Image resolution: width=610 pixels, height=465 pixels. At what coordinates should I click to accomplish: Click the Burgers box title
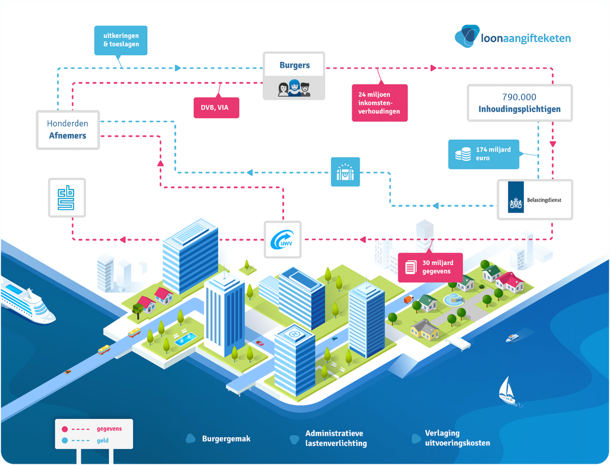click(x=294, y=65)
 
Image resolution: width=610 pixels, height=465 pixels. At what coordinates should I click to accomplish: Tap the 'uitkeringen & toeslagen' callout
click(x=121, y=40)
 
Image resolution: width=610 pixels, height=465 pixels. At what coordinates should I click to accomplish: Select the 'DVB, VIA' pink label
click(x=216, y=108)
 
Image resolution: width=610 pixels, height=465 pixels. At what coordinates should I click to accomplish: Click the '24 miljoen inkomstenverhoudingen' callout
click(x=379, y=103)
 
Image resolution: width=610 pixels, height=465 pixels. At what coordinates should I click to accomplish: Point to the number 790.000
click(x=519, y=97)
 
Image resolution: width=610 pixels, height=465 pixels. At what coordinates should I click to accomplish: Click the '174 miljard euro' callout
click(x=483, y=154)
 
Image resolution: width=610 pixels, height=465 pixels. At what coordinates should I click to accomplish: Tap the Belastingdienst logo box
click(x=534, y=199)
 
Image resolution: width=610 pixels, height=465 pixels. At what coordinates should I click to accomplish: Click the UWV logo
click(x=282, y=240)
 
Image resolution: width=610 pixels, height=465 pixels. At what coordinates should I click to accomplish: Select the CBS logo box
click(x=67, y=198)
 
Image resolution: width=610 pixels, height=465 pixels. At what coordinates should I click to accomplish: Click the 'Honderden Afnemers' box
click(x=68, y=130)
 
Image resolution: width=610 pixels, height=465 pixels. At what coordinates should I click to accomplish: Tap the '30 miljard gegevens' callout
click(x=430, y=267)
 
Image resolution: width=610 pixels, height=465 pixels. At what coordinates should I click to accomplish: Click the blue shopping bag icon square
click(x=345, y=172)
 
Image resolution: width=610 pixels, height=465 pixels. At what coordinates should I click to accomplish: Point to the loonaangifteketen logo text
click(x=525, y=38)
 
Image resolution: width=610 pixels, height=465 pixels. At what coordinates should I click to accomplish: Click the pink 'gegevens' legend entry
click(x=109, y=429)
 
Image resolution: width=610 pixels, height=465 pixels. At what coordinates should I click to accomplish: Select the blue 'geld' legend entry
click(x=102, y=440)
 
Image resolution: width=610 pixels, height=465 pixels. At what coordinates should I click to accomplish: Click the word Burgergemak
click(x=226, y=439)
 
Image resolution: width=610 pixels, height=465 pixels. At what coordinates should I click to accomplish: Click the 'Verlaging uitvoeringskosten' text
click(x=457, y=438)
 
